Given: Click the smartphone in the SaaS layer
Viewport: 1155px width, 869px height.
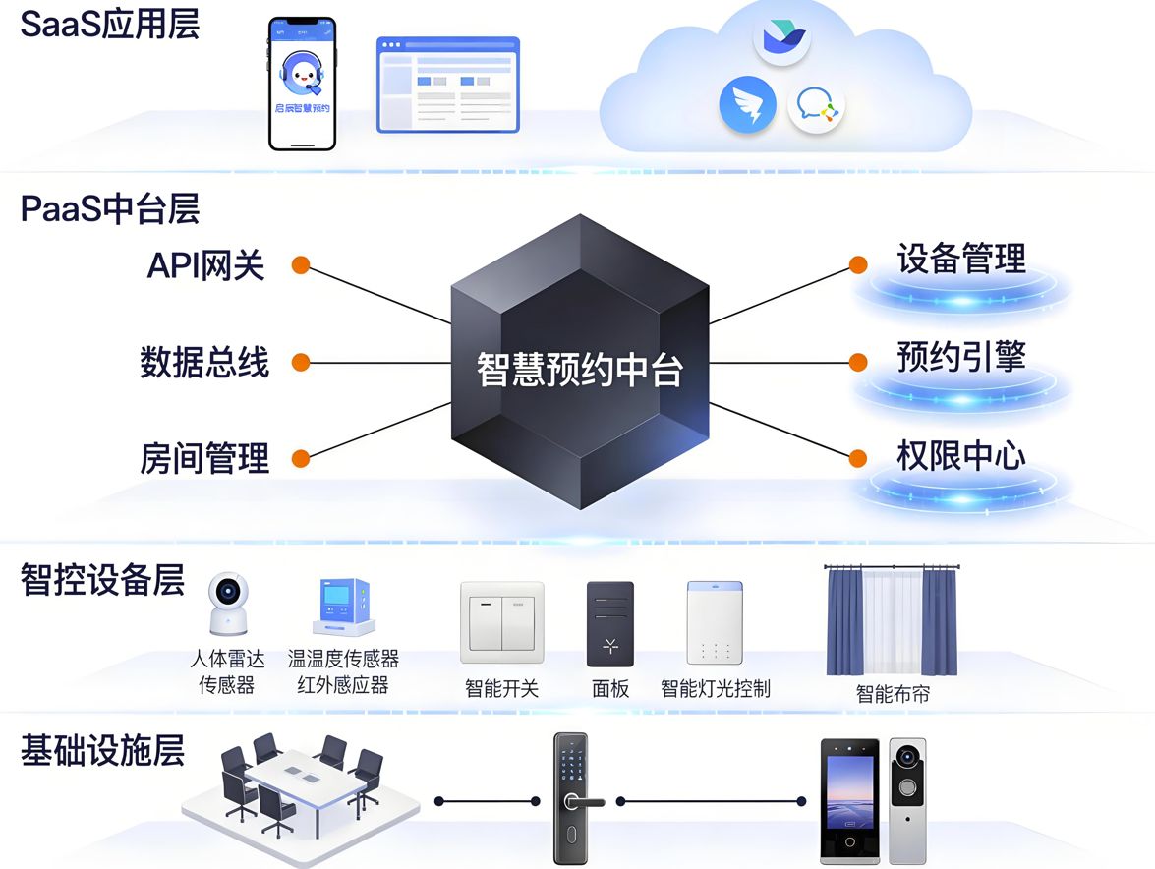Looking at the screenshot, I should click(302, 84).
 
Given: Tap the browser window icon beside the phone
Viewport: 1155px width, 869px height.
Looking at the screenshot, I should click(447, 85).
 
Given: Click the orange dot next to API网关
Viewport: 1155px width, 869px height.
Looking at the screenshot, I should click(301, 265).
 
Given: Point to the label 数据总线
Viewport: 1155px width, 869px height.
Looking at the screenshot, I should click(204, 363).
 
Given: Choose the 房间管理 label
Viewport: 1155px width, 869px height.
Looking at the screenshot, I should click(204, 458).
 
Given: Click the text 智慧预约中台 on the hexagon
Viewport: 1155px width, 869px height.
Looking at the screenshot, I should click(579, 371).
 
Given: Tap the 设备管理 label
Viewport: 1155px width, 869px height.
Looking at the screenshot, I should click(960, 260).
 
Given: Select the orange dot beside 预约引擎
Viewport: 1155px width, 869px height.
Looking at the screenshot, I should click(858, 362).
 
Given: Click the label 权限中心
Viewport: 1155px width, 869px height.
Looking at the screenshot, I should click(960, 455).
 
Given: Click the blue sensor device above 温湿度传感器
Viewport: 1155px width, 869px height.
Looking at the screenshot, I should click(342, 608).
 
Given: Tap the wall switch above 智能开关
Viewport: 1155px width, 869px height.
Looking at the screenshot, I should click(501, 622).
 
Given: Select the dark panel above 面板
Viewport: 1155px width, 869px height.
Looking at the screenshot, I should click(609, 623).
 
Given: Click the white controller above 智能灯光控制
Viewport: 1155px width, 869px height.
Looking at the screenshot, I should click(714, 622).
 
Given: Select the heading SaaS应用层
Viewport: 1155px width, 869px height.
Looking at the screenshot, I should click(110, 25).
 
